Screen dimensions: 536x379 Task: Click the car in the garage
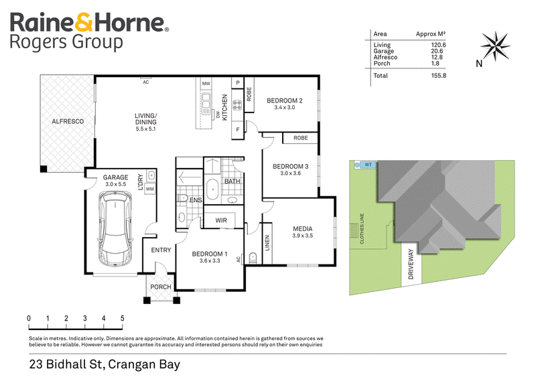click(115, 228)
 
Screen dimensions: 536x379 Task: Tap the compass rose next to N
click(495, 46)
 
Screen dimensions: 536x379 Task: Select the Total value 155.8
click(439, 76)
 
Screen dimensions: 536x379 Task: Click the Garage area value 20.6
click(437, 51)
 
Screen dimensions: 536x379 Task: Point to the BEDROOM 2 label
click(284, 101)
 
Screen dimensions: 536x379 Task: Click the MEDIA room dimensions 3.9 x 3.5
click(303, 236)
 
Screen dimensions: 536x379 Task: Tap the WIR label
click(221, 220)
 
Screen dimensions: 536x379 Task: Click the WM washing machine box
click(149, 189)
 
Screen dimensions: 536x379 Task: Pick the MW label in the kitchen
click(206, 84)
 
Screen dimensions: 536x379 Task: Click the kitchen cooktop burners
click(237, 105)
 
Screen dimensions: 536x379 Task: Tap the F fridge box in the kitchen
click(238, 130)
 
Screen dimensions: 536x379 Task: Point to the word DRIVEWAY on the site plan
click(411, 264)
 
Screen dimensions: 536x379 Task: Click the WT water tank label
click(368, 165)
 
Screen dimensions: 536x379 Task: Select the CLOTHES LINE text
click(362, 228)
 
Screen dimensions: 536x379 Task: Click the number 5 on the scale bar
click(122, 318)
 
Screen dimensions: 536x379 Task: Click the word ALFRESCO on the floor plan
click(68, 121)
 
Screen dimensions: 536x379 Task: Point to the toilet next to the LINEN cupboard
click(253, 258)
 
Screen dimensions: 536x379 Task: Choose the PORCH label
click(161, 287)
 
